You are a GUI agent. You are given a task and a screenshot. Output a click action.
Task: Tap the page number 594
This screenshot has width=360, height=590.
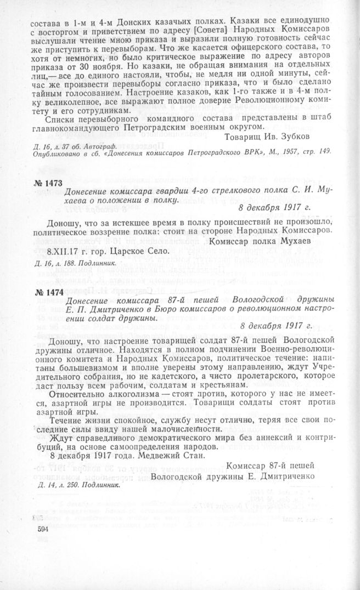coord(43,529)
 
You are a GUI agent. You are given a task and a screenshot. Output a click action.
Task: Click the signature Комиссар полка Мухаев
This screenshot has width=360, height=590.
coord(257,241)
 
